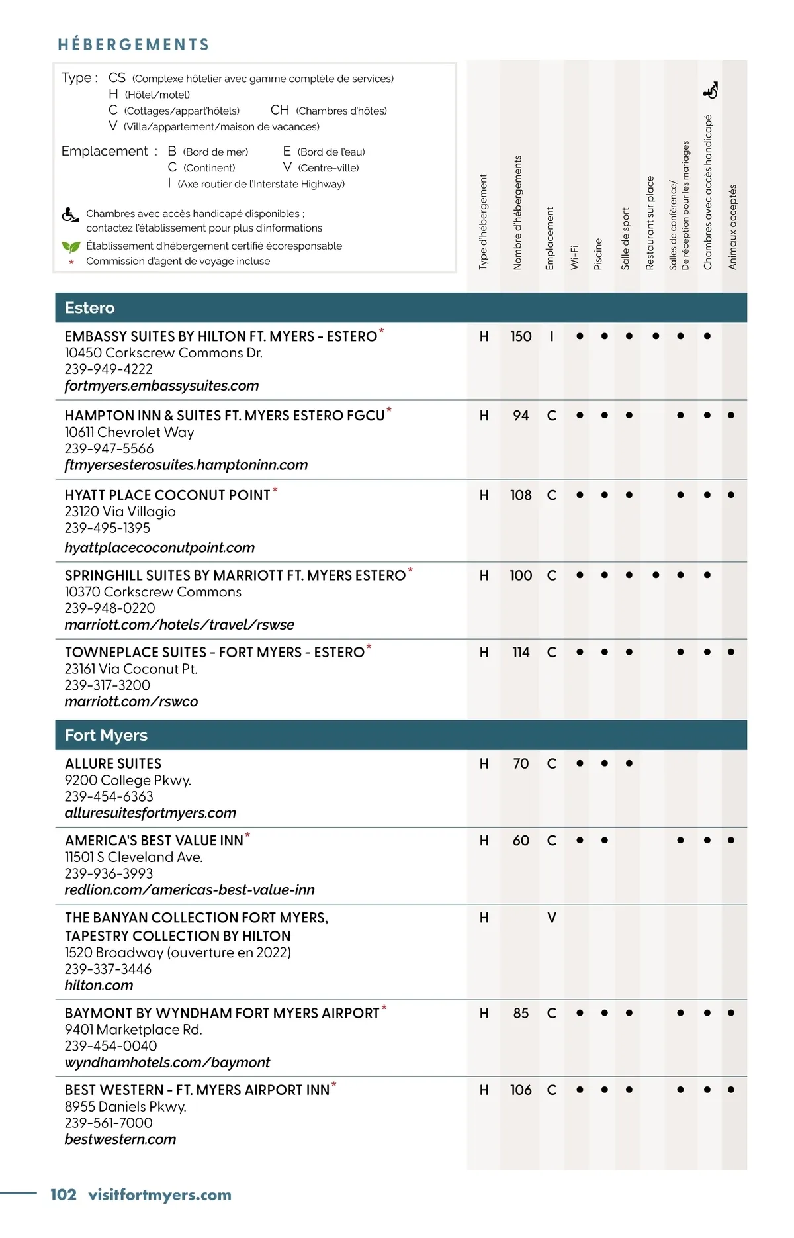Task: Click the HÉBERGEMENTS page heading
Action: coord(134,44)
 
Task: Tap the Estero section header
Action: coord(90,308)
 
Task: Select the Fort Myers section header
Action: coord(106,735)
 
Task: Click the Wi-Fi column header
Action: coord(575,257)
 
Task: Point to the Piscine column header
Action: coord(599,254)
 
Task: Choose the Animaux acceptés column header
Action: coord(732,227)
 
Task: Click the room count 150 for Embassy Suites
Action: coord(521,336)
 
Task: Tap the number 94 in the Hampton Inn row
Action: coord(521,416)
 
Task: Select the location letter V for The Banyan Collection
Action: coord(552,918)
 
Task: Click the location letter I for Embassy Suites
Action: coord(552,336)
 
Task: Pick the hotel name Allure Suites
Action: coord(113,763)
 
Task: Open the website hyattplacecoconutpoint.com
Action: coord(159,548)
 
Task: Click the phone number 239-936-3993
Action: coord(109,873)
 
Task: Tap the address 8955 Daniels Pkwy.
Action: coord(126,1106)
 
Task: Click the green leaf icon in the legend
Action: coord(71,246)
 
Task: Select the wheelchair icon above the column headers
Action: coord(710,90)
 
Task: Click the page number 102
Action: coord(64,1194)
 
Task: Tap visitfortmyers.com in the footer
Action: coord(159,1194)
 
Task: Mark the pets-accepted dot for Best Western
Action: coord(731,1090)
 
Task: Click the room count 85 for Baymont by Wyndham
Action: coord(521,1013)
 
